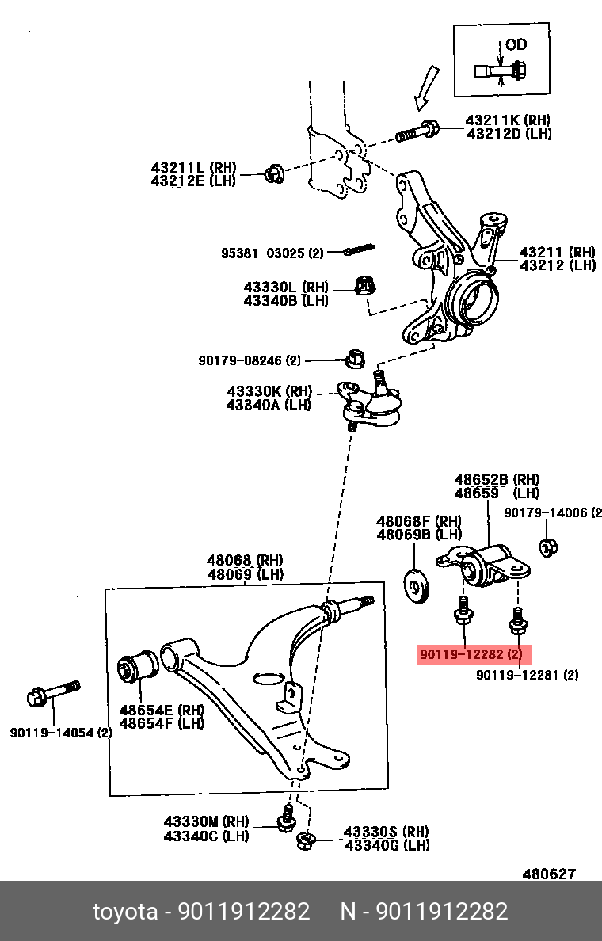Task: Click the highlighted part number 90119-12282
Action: coord(473,655)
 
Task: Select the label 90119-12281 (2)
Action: coord(527,676)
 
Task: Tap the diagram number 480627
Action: coord(548,874)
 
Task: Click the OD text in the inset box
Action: coord(516,45)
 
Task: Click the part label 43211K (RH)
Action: coord(508,120)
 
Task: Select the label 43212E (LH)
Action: coord(193,181)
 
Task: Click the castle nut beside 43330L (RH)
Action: coord(364,286)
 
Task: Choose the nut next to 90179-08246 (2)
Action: coord(355,360)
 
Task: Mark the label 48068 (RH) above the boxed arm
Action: coord(245,560)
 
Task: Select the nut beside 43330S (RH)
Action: coord(303,842)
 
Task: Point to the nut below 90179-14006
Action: coord(547,547)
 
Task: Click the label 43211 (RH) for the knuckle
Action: coord(557,253)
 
